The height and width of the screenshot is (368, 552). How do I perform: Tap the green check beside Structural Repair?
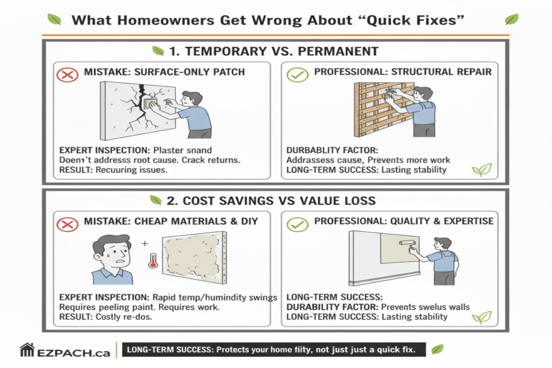(x=298, y=74)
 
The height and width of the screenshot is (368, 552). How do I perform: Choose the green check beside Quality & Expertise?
(x=298, y=223)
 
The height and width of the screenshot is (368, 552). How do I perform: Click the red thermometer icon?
(x=152, y=262)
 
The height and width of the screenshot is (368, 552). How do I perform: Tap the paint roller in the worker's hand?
(x=406, y=244)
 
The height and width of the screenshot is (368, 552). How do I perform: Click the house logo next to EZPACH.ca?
(x=27, y=350)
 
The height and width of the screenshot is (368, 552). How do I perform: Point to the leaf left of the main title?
(x=54, y=20)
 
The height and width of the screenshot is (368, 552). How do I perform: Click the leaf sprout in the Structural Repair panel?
(x=481, y=170)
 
